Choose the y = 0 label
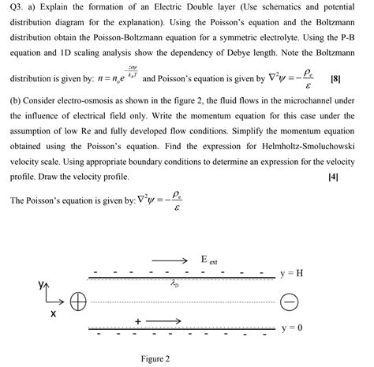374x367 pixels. click(x=292, y=327)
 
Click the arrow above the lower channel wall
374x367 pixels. click(x=165, y=321)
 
